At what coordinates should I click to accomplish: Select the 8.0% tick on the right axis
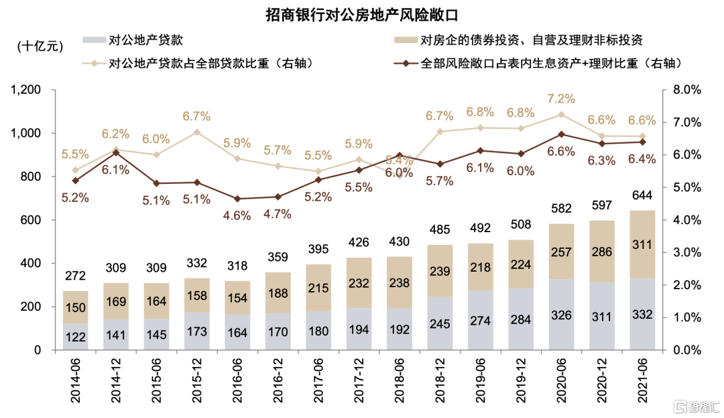[x=685, y=90]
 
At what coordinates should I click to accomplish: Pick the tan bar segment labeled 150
[x=76, y=307]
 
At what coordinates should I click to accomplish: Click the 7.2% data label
[x=561, y=99]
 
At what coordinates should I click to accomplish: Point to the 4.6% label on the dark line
[x=237, y=215]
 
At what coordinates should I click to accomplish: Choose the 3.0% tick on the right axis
[x=685, y=253]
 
